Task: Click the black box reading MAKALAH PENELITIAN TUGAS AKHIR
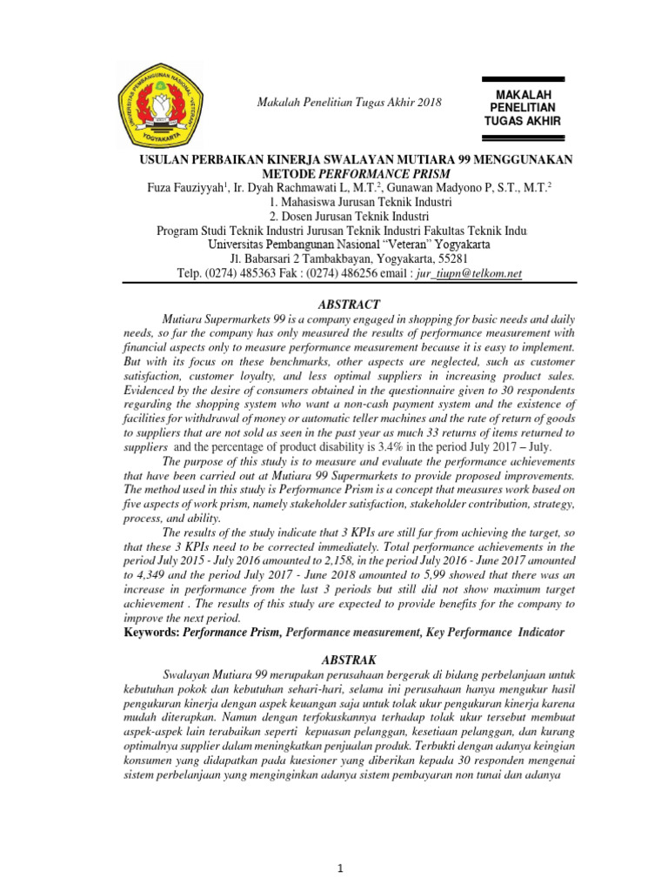522,107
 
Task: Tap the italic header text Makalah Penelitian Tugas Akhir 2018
349,103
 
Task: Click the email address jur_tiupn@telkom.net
471,273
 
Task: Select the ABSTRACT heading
349,305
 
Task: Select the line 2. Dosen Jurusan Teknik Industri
349,217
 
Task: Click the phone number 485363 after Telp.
248,273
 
